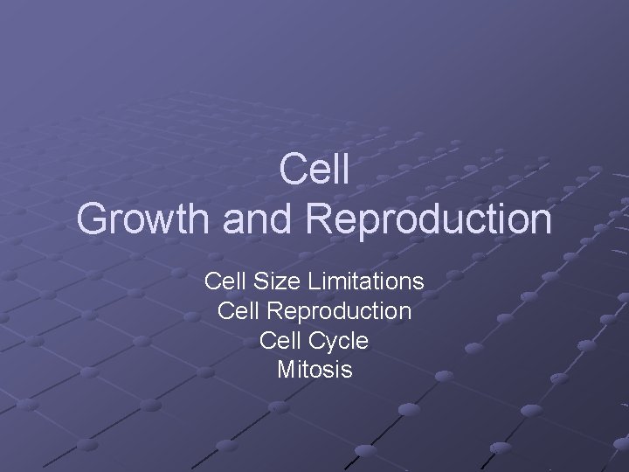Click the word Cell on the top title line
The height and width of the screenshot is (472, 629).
click(x=314, y=170)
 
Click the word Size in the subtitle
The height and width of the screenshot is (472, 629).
click(x=268, y=281)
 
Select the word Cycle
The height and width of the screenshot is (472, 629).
click(x=337, y=340)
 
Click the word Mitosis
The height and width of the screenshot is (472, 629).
click(x=314, y=370)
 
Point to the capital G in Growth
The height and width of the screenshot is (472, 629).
click(x=92, y=219)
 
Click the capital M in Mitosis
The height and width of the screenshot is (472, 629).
click(x=285, y=370)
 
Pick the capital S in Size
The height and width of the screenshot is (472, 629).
click(x=255, y=281)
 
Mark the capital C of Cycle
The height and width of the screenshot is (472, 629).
click(x=314, y=340)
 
